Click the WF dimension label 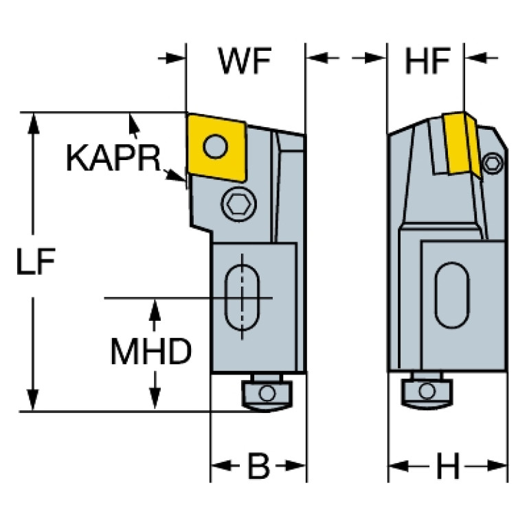(245, 61)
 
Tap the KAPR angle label (113, 158)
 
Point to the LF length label (36, 262)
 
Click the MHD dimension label (151, 351)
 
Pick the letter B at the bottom (258, 466)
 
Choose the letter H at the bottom (448, 466)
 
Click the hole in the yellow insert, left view (216, 146)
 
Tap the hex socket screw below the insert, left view (239, 203)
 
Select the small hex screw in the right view (493, 164)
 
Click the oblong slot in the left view (242, 298)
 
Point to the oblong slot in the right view (452, 295)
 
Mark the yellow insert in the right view (461, 144)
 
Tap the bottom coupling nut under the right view (427, 392)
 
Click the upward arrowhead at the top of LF (33, 124)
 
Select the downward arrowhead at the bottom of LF (33, 400)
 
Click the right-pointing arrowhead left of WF (175, 58)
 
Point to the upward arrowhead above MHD (155, 310)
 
